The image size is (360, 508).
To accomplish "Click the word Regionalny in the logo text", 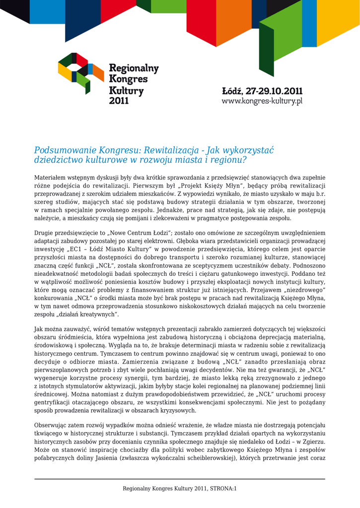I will pos(134,68).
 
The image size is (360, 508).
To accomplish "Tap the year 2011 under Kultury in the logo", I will pos(119,101).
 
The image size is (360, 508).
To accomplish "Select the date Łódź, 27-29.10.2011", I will pos(262,92).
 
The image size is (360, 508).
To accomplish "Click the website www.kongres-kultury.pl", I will pos(262,101).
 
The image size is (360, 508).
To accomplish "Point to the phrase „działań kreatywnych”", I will pos(87,314).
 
